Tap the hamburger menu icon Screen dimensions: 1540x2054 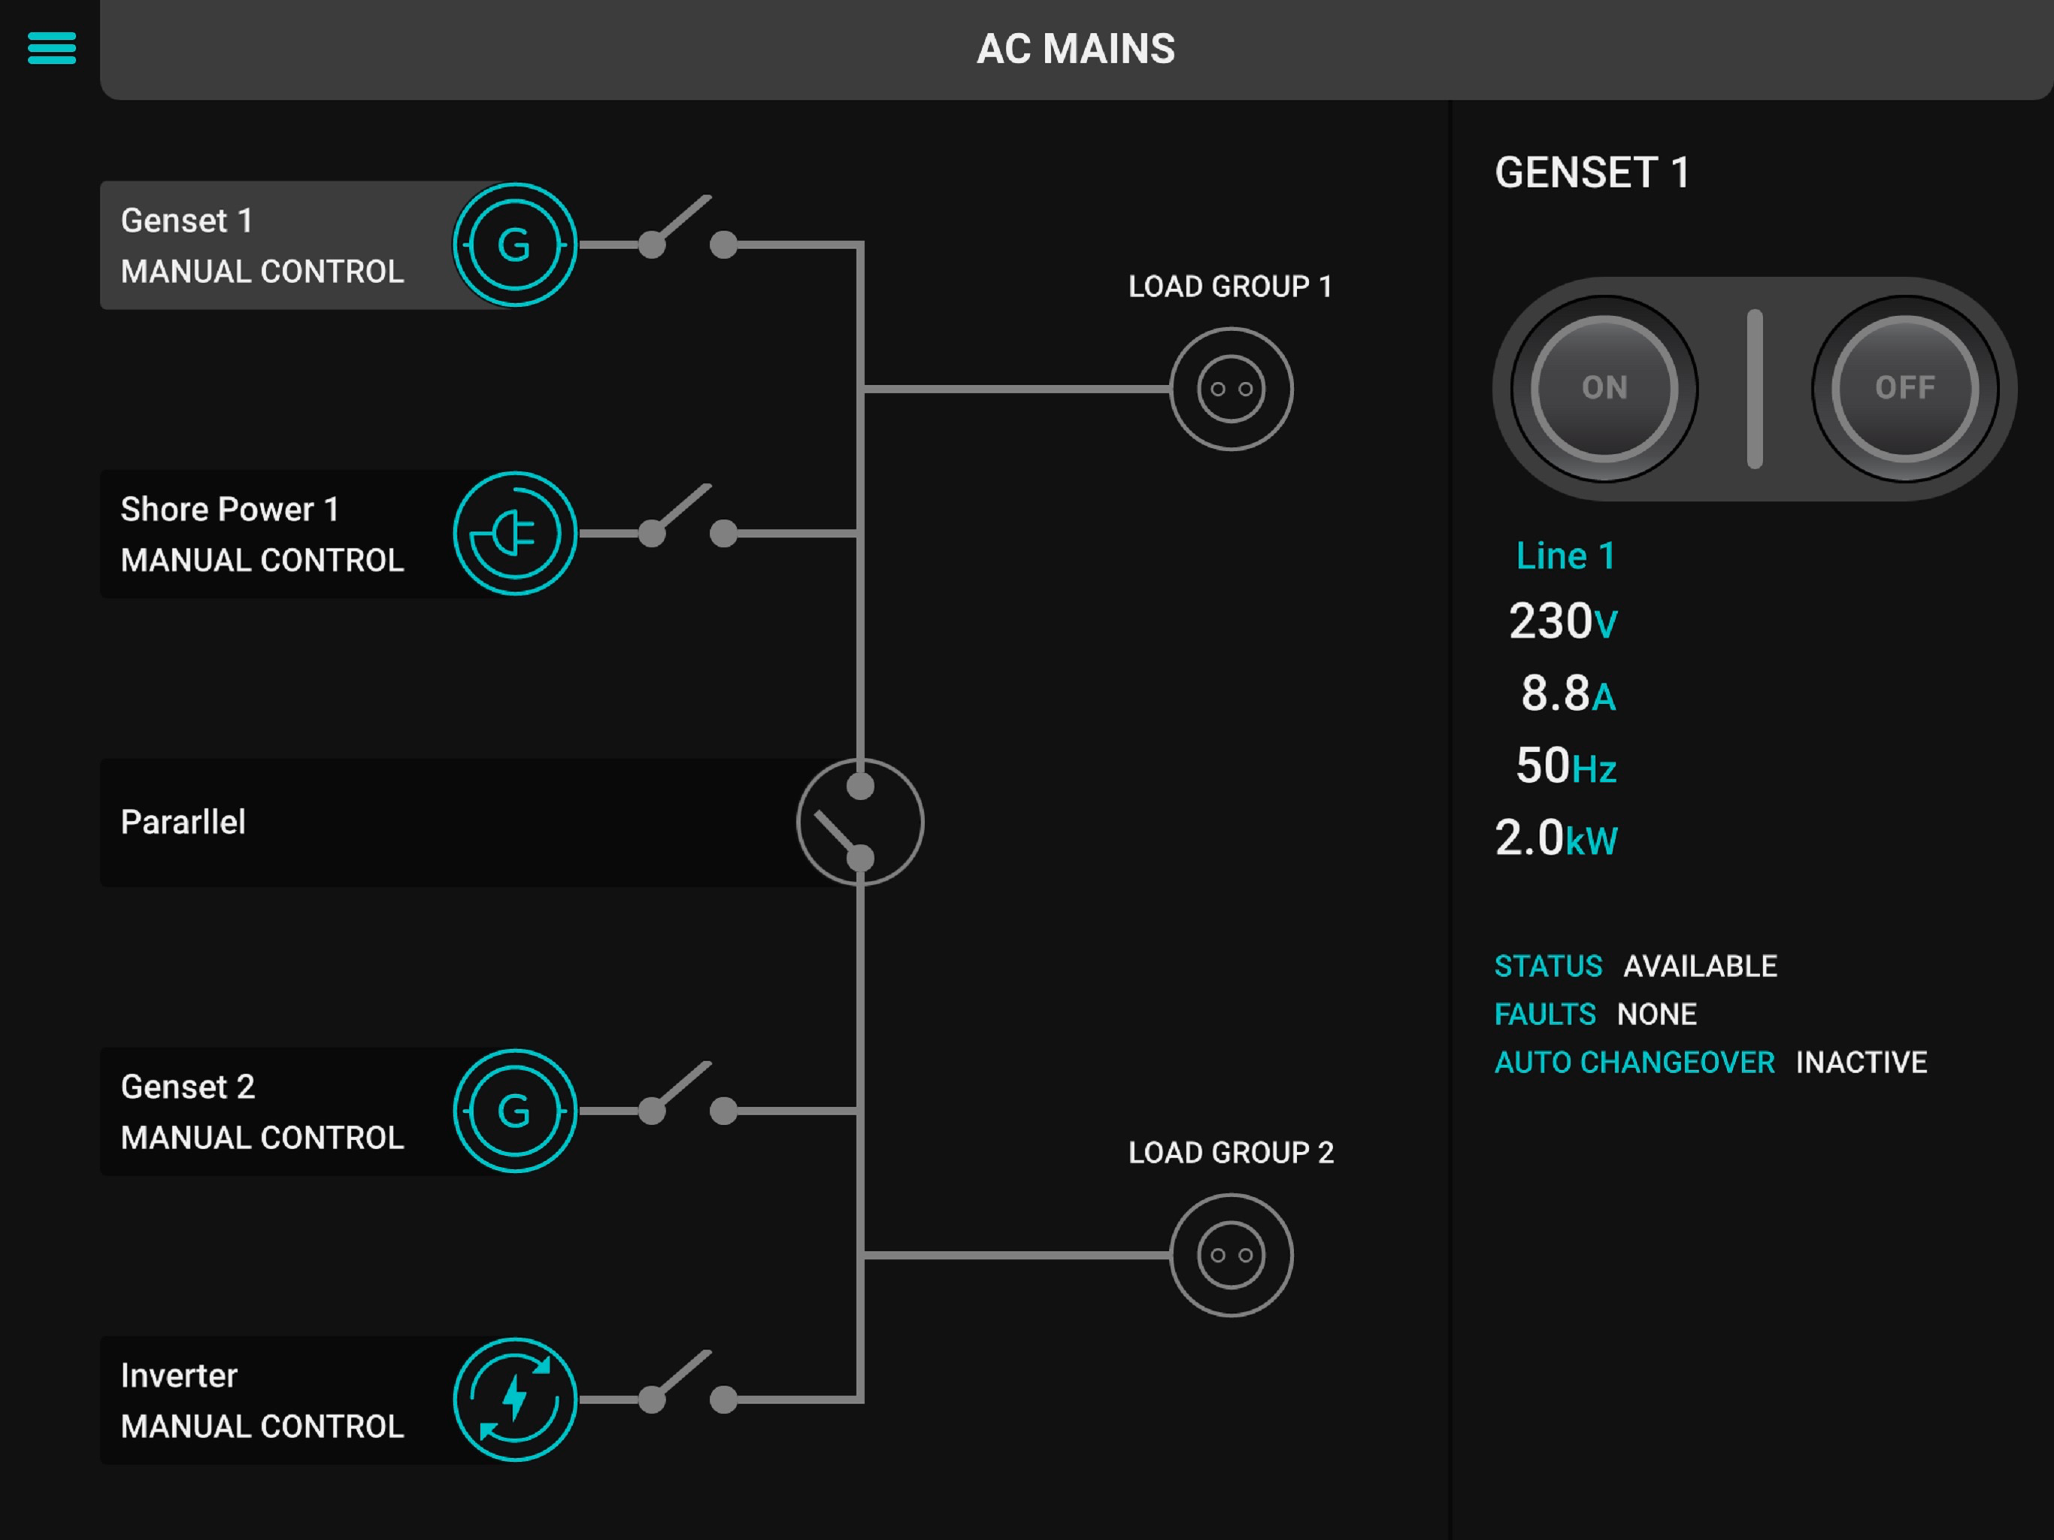(x=51, y=47)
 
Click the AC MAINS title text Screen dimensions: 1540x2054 (x=1075, y=49)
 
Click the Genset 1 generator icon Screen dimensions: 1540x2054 (x=514, y=245)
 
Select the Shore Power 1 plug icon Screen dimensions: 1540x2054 (x=514, y=534)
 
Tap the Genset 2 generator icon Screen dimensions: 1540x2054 (x=514, y=1111)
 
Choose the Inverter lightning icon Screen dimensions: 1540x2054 (x=514, y=1399)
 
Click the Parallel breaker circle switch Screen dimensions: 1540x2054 (x=860, y=822)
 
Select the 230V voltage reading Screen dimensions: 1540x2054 (x=1563, y=621)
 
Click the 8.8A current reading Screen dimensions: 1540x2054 (x=1568, y=694)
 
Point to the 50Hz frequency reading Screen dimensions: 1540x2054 (x=1565, y=766)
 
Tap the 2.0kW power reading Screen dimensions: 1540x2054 (x=1556, y=838)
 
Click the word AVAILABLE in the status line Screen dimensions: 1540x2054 (x=1699, y=966)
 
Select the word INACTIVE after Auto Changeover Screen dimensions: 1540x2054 (x=1861, y=1062)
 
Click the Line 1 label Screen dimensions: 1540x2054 (x=1565, y=556)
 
